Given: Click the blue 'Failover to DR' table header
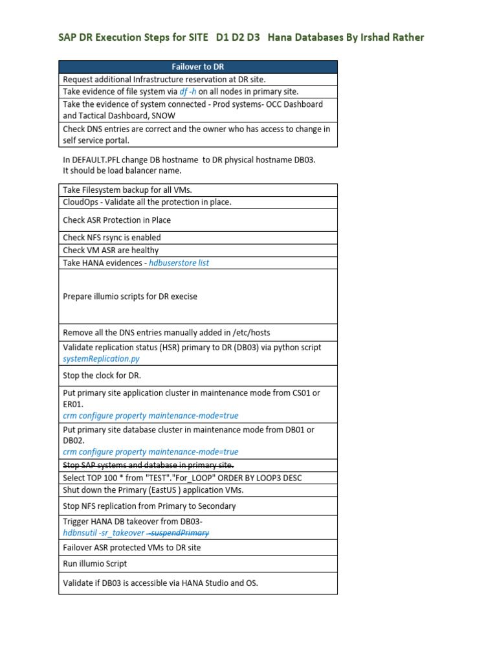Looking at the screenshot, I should click(x=197, y=67).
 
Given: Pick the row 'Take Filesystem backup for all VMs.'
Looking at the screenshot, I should click(x=127, y=190).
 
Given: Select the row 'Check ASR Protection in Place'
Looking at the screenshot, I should click(x=116, y=220).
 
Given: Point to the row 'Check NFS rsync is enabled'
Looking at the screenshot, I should click(x=111, y=238).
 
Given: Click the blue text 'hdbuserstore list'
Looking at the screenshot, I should click(x=179, y=263).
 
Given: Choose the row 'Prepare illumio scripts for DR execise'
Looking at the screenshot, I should click(x=129, y=297).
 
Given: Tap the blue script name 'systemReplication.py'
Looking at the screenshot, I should click(x=101, y=359).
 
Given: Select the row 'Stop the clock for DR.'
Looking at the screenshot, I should click(x=102, y=376).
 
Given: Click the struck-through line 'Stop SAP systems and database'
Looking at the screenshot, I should click(x=148, y=466).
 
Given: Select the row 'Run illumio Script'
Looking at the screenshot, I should click(x=94, y=564).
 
